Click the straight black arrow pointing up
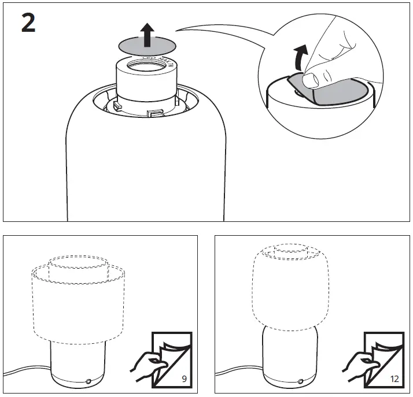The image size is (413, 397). (x=148, y=36)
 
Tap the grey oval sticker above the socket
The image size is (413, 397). (x=130, y=44)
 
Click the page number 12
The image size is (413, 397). (x=394, y=380)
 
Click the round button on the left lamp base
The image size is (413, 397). (x=88, y=381)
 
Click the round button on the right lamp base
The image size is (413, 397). (x=300, y=381)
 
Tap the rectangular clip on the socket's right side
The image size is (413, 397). (x=154, y=111)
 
